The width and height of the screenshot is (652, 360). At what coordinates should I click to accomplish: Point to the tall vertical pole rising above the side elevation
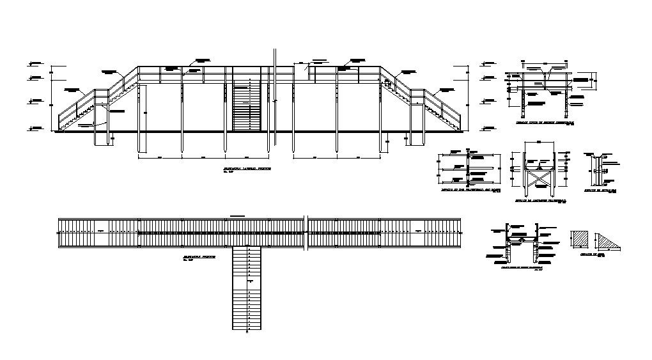tap(274, 96)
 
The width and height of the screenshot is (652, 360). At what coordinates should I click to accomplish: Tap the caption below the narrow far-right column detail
tap(601, 191)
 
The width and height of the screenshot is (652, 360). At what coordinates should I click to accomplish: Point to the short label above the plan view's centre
tap(238, 215)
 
